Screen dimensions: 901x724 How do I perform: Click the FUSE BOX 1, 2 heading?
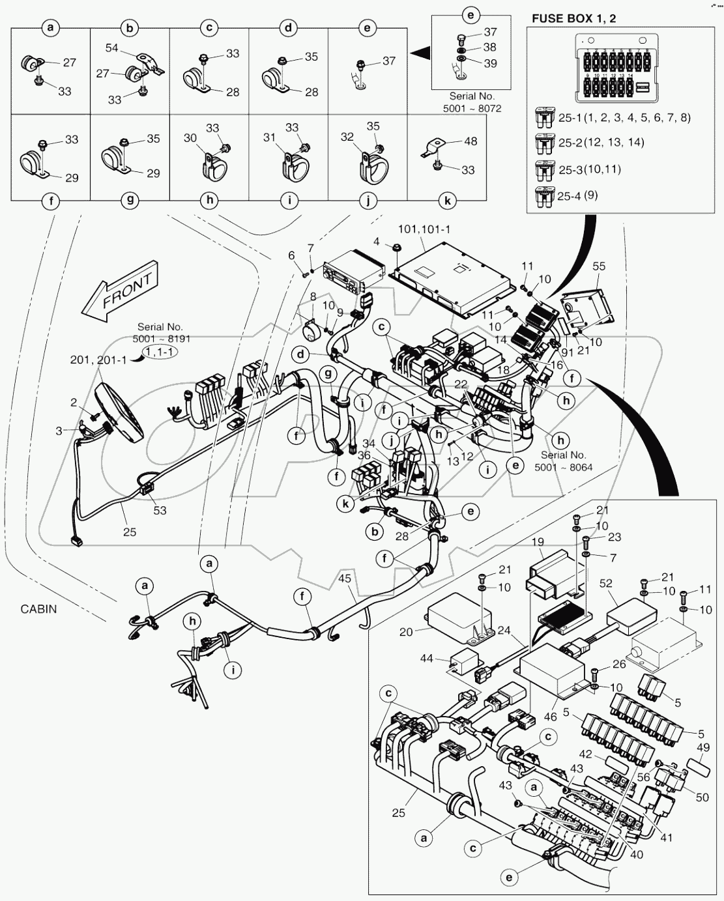pyautogui.click(x=573, y=18)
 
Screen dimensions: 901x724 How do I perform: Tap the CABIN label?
pyautogui.click(x=38, y=609)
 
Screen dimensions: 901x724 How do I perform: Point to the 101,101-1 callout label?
pyautogui.click(x=424, y=229)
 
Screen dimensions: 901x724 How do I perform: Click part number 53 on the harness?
pyautogui.click(x=159, y=510)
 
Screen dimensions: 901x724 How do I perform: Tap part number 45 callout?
pyautogui.click(x=345, y=577)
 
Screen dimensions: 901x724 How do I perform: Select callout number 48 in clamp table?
pyautogui.click(x=470, y=141)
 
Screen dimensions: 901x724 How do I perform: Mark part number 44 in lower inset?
pyautogui.click(x=426, y=659)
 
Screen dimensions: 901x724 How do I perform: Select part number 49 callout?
pyautogui.click(x=702, y=747)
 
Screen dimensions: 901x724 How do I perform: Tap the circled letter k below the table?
pyautogui.click(x=448, y=201)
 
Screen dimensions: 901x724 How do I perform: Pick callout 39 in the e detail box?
pyautogui.click(x=489, y=63)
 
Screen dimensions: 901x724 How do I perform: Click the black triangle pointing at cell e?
pyautogui.click(x=420, y=51)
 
